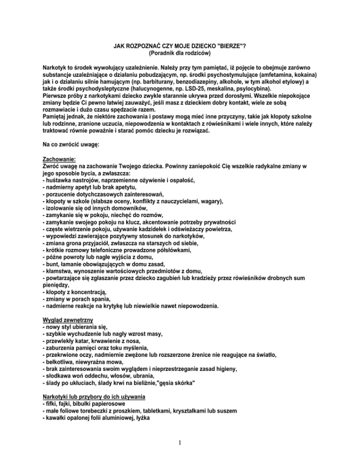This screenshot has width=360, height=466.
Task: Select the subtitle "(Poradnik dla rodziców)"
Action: pyautogui.click(x=180, y=54)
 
